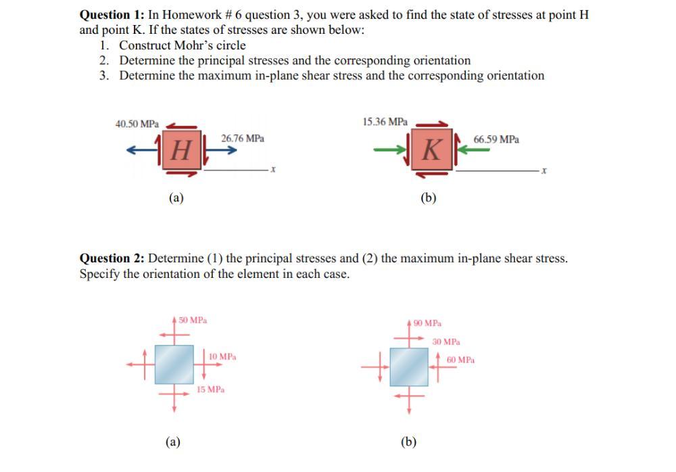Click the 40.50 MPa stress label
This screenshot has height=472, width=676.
tap(137, 124)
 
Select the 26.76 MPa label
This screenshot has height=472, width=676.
tap(242, 138)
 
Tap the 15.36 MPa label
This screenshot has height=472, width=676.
tap(385, 122)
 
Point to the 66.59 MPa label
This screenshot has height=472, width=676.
tap(496, 139)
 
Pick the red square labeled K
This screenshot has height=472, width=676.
tap(431, 149)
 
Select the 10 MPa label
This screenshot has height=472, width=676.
tap(222, 356)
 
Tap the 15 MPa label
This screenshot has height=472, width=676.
tap(211, 390)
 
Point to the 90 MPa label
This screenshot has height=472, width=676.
tap(427, 323)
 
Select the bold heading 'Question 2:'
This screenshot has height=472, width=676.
tap(112, 258)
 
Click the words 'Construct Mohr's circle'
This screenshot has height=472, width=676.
tap(183, 45)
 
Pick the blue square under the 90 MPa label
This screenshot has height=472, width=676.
tap(409, 367)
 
